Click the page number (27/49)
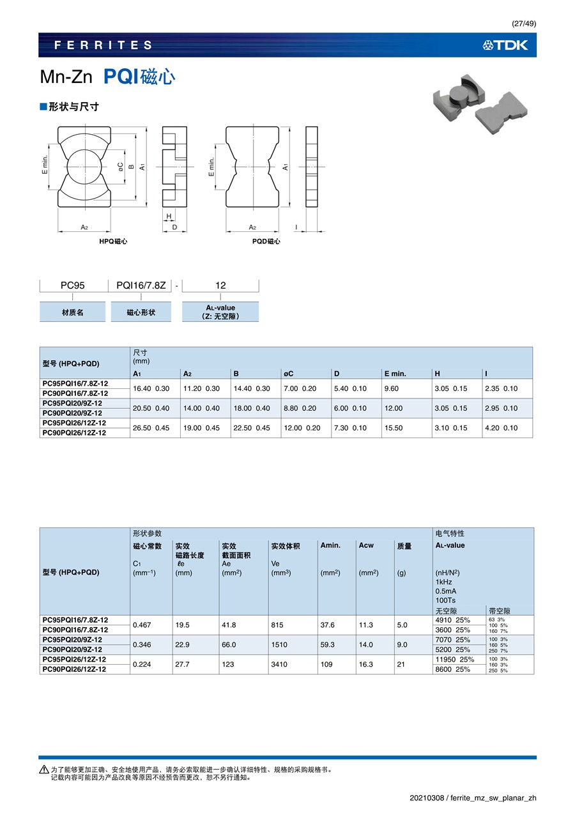pos(524,24)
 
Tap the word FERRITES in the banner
pos(103,45)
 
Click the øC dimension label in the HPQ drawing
pos(120,165)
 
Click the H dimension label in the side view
pos(169,217)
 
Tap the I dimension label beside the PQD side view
pos(296,227)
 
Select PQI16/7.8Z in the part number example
pos(141,285)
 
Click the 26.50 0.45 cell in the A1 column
pos(151,428)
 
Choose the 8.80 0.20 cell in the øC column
pos(300,408)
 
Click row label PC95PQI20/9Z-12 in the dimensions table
pos(72,404)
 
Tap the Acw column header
pos(366,545)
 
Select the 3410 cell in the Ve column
pos(279,664)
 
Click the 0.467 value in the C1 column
pos(141,625)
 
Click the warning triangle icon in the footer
pos(44,770)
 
